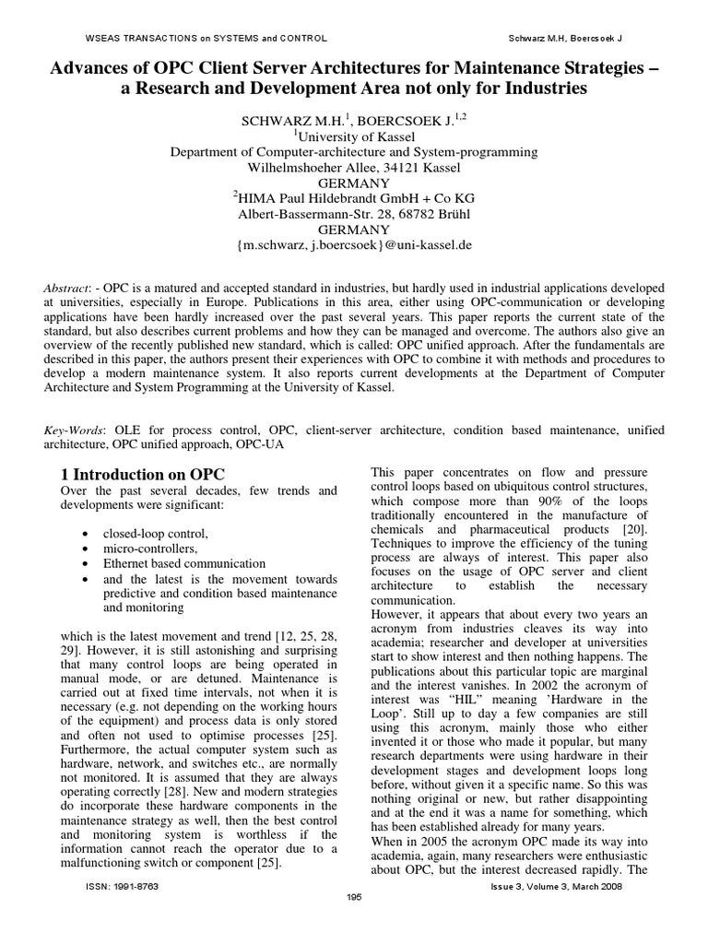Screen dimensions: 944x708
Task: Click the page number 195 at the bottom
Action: click(353, 897)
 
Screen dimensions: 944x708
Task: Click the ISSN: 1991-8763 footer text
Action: click(124, 885)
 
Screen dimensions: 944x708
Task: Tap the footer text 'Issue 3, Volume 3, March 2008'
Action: click(558, 885)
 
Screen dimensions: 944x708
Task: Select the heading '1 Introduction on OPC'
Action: click(142, 474)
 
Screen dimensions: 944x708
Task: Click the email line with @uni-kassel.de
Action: click(354, 245)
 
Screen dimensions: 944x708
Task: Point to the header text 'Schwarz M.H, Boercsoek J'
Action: click(565, 38)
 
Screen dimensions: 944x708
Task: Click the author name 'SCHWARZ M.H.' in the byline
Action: click(289, 121)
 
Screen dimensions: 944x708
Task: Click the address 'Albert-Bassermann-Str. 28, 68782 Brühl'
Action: click(354, 213)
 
